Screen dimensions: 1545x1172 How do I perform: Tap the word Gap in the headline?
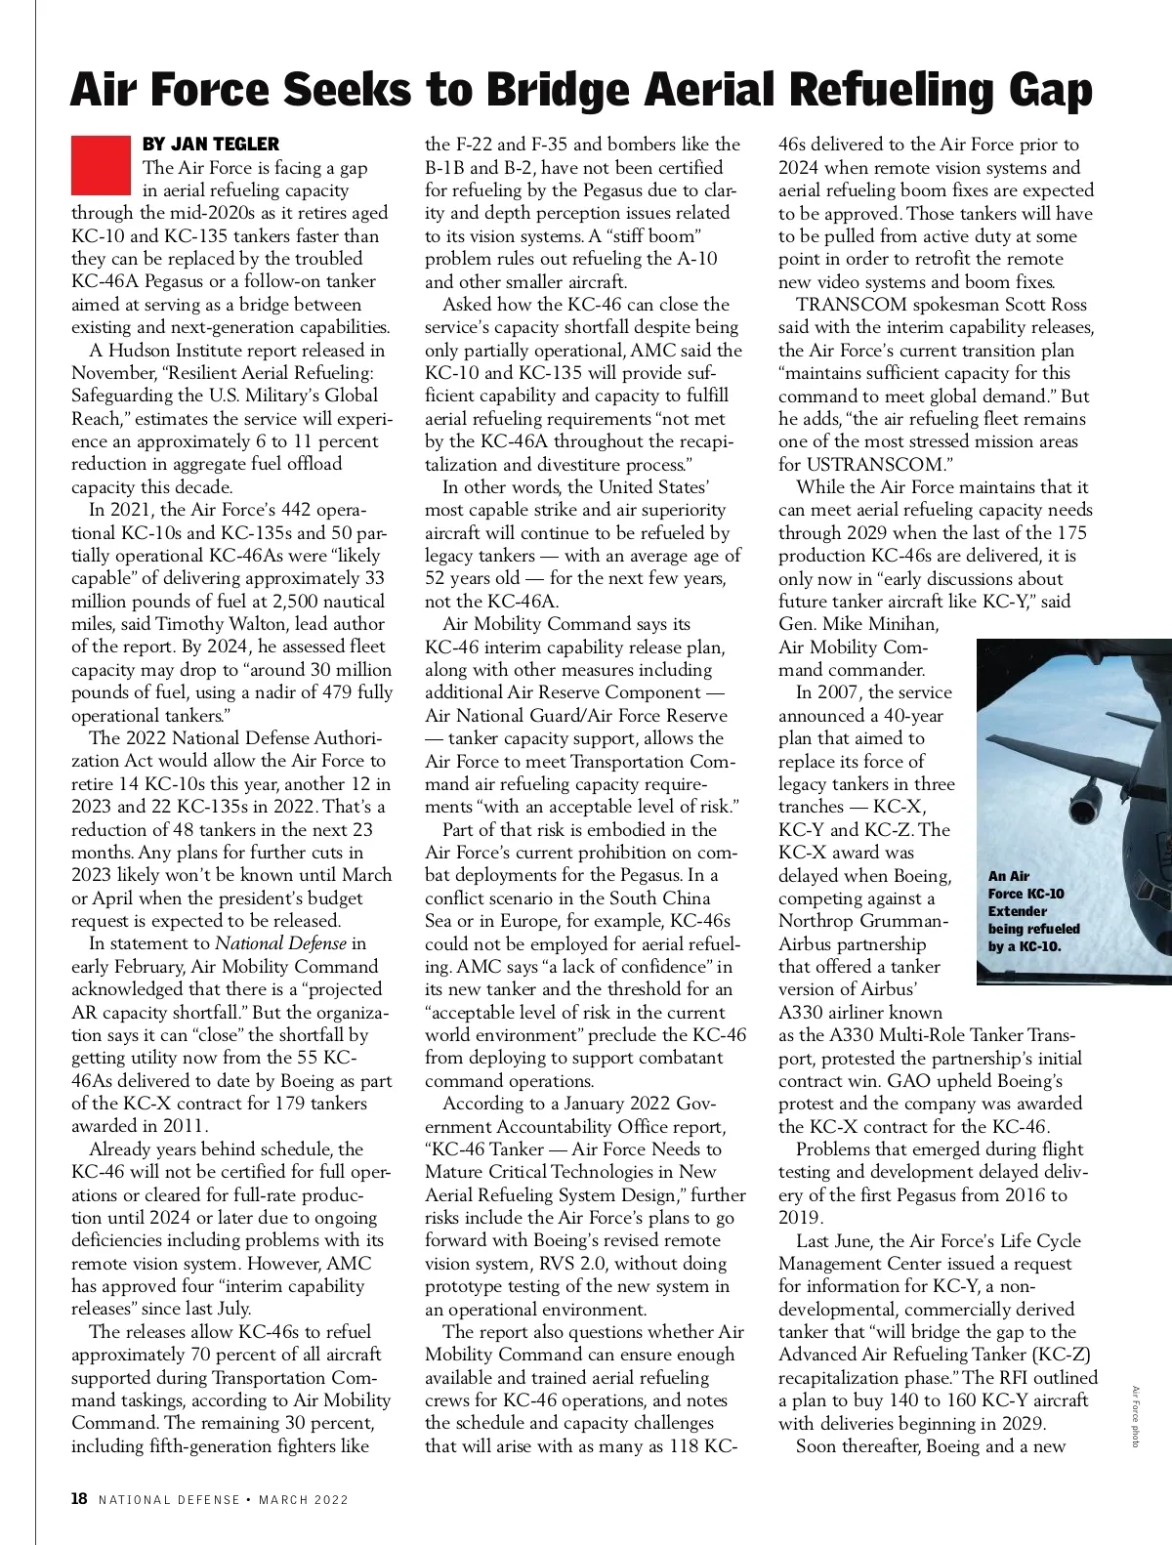[1043, 91]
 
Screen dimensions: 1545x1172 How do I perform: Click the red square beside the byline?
[101, 164]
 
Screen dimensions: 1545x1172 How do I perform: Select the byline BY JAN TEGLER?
[210, 144]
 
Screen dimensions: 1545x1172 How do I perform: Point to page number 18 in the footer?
[79, 1499]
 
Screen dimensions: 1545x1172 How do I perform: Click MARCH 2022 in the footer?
[304, 1500]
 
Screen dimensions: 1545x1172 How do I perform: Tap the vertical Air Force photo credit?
[1135, 1416]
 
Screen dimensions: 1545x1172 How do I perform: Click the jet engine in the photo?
[1086, 801]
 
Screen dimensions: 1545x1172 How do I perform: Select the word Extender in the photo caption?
[1018, 911]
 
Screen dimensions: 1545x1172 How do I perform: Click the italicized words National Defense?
[280, 943]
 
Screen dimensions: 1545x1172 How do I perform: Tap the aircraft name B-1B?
[445, 168]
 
